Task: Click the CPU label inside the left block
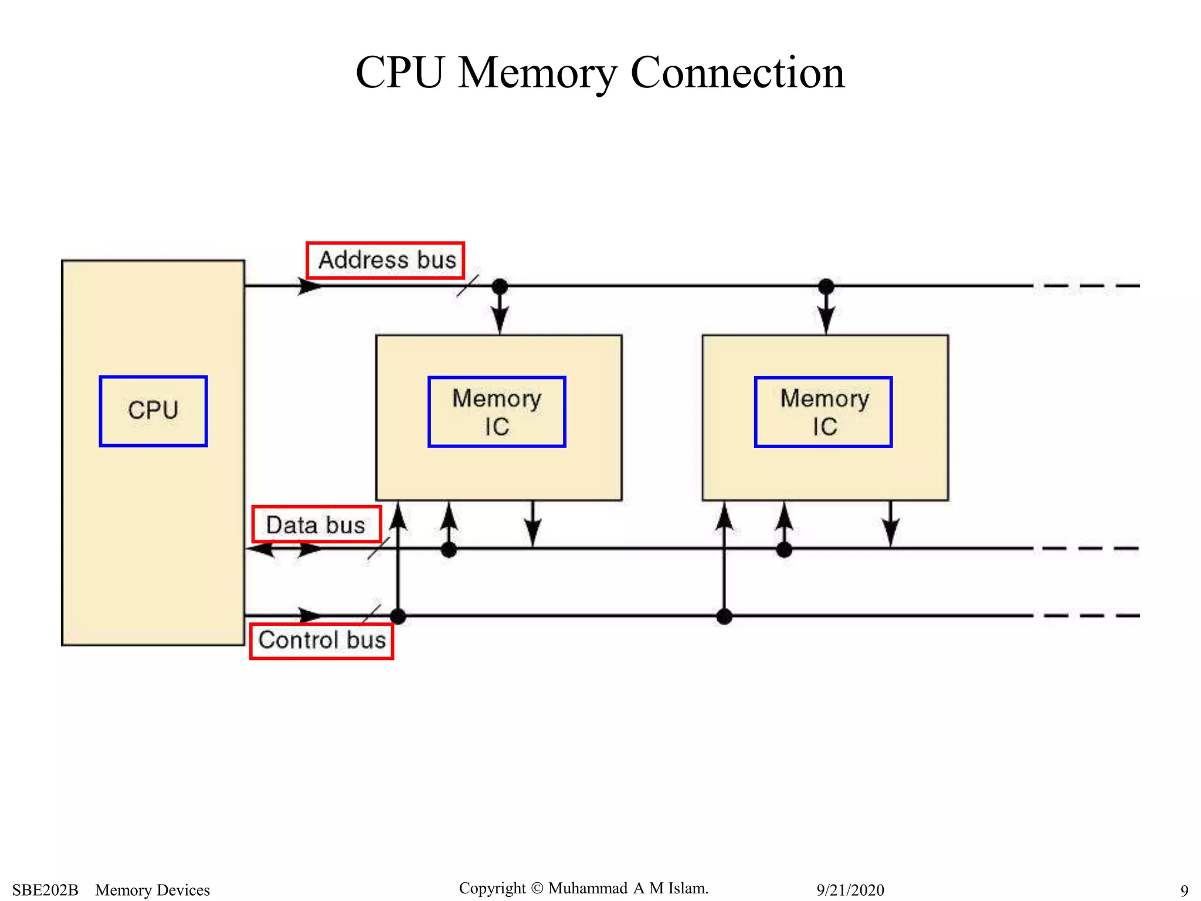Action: coord(153,411)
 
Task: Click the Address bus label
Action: coord(386,260)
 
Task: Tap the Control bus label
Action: coord(321,640)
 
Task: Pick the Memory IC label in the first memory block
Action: coord(497,412)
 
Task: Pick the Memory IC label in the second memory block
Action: coord(823,412)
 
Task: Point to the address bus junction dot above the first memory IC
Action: coord(500,286)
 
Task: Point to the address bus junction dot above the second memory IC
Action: coord(826,286)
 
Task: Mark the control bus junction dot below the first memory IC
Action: coord(398,616)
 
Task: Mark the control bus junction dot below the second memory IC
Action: coord(724,616)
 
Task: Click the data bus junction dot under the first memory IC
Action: coord(449,550)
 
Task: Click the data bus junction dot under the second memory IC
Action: coord(784,550)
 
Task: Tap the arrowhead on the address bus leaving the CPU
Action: coord(310,286)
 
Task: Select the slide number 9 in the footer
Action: coord(1184,890)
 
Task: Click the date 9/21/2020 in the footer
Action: coord(850,890)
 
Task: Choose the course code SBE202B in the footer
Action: coord(45,890)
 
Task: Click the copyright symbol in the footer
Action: coord(537,888)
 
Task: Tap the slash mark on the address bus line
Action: coord(467,286)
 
